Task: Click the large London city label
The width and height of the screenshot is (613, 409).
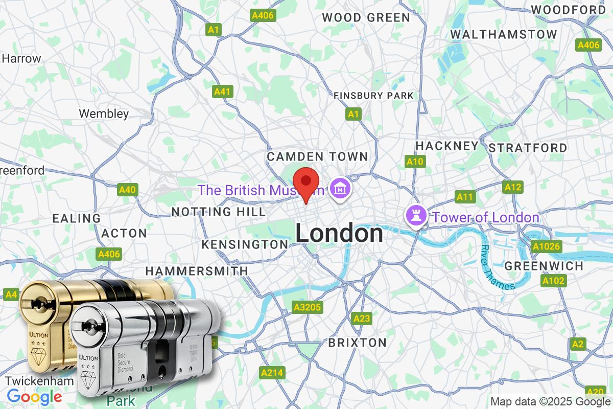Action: [x=339, y=234]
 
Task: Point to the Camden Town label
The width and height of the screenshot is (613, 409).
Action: [x=317, y=156]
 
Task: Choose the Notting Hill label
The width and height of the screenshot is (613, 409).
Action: [x=218, y=212]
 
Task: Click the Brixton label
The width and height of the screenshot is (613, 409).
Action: [x=358, y=342]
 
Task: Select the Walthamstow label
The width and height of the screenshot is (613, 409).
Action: [x=504, y=34]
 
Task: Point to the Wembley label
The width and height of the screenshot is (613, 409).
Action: [x=104, y=113]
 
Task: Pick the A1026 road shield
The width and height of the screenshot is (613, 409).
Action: [x=547, y=247]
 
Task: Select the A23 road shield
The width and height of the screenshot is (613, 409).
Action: [x=362, y=319]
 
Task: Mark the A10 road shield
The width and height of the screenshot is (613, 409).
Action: [x=415, y=162]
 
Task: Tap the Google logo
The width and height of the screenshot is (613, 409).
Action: [x=34, y=397]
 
